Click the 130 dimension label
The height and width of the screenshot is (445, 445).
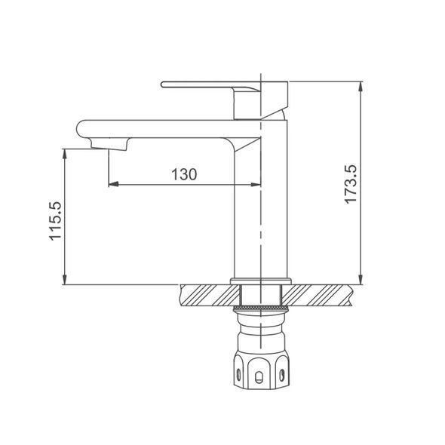184,174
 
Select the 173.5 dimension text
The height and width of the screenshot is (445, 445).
351,184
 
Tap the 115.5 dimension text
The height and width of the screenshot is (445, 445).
55,221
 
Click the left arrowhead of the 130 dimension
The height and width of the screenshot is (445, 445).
113,184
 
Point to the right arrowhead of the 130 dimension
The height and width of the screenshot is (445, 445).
256,184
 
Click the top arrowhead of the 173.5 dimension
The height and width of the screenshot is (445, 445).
361,86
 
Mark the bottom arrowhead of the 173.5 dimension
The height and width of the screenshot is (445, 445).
361,279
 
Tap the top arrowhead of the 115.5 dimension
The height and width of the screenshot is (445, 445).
65,154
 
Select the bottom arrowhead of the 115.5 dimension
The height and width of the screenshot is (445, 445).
65,279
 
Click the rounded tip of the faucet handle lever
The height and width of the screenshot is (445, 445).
163,84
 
